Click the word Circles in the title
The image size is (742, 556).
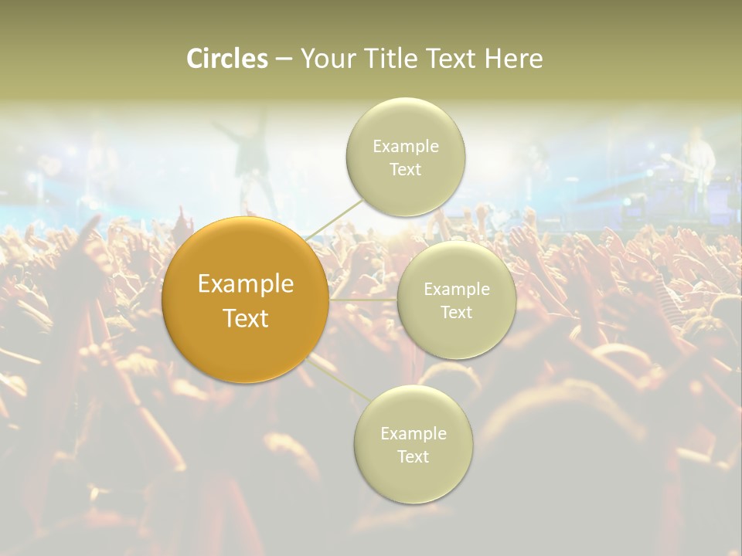click(226, 59)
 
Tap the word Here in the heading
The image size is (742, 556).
click(513, 59)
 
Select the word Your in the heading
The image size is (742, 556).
click(325, 59)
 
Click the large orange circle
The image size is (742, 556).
click(246, 340)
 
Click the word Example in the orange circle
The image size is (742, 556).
click(246, 284)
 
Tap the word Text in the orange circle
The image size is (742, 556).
click(246, 318)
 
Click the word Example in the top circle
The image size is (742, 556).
click(405, 146)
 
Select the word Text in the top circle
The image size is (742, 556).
click(405, 169)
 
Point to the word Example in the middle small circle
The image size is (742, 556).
click(457, 290)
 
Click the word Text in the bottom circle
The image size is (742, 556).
click(413, 456)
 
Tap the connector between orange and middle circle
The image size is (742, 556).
click(363, 299)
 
